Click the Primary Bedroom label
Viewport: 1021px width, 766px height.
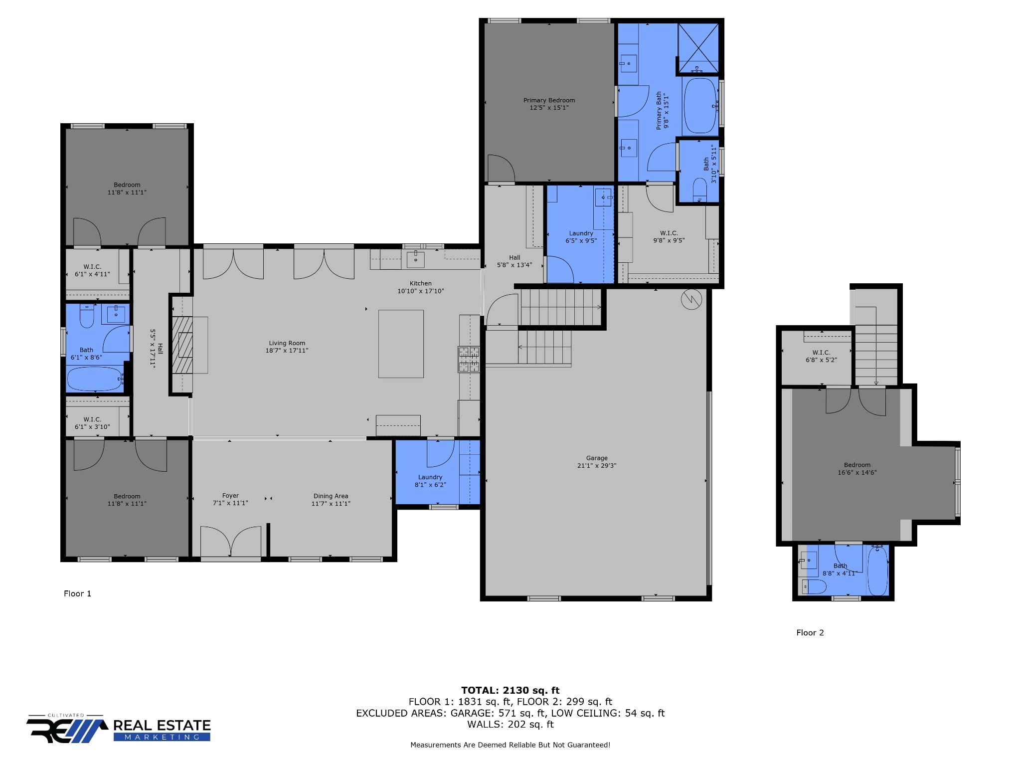click(549, 100)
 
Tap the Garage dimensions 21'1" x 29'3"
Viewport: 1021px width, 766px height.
click(596, 466)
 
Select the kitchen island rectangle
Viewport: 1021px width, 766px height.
click(401, 344)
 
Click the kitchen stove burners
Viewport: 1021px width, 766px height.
click(469, 360)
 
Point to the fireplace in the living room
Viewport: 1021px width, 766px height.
click(182, 345)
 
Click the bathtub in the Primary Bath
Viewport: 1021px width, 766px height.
click(700, 106)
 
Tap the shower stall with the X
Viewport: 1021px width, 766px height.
click(698, 48)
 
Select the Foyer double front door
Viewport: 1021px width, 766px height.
click(230, 541)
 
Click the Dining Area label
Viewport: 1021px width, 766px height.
click(331, 496)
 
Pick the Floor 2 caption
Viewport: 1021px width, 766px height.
click(810, 633)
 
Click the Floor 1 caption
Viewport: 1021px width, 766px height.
click(77, 593)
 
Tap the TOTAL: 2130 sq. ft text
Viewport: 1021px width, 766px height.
click(510, 691)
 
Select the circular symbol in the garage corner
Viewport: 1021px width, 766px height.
click(691, 299)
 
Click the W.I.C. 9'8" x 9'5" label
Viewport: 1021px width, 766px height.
click(669, 236)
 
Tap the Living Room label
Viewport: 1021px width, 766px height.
click(287, 343)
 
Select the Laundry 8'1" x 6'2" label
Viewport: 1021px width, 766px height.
click(430, 481)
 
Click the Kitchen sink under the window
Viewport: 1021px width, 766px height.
click(416, 259)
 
